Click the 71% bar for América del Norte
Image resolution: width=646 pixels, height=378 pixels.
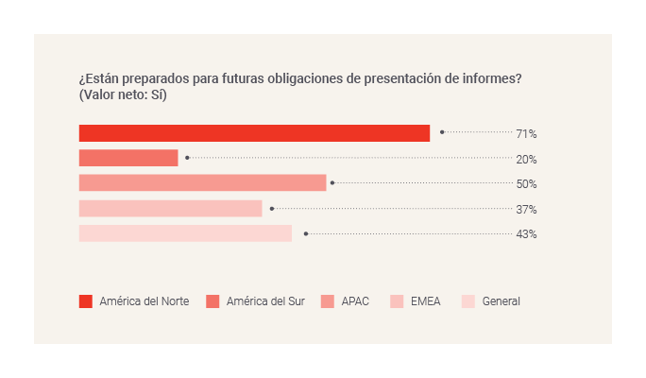(254, 133)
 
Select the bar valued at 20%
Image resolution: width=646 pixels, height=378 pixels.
(128, 158)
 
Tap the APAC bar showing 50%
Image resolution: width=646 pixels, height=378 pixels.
(202, 183)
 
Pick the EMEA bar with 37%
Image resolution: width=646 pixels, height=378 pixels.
(170, 209)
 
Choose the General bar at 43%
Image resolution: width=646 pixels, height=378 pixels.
(185, 233)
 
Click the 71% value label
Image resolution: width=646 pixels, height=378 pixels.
(526, 134)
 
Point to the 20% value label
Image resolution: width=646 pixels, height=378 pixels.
(526, 160)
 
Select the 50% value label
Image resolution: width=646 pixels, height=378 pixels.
(526, 184)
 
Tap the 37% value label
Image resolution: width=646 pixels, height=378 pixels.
(526, 210)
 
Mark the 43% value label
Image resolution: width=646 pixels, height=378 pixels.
(526, 234)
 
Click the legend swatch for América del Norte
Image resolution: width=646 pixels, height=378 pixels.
(86, 301)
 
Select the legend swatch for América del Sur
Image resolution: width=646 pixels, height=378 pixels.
(213, 301)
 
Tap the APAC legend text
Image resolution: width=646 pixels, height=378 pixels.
(355, 301)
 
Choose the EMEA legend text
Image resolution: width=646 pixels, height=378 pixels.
(426, 301)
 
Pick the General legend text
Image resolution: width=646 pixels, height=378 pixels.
(501, 301)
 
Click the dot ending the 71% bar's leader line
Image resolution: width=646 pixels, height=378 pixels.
(442, 133)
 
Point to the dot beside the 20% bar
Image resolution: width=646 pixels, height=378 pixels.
(187, 158)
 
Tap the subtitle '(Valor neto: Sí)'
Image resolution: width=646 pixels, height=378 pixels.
(123, 95)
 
